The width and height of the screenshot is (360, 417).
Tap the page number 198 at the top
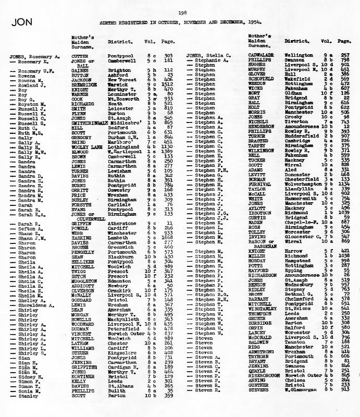pos(183,13)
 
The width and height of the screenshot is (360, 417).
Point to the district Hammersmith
pos(302,199)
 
